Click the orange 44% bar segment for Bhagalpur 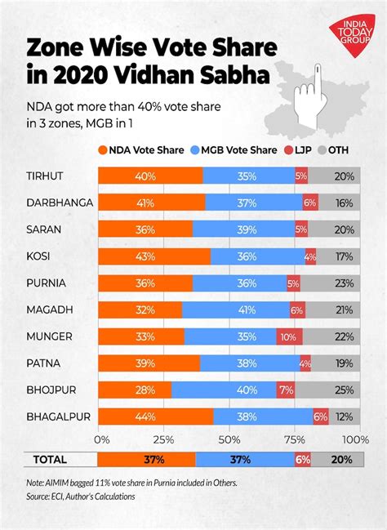(x=155, y=416)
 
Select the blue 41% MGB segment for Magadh (x=234, y=310)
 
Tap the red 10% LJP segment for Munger (x=288, y=336)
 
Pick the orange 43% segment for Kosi (x=154, y=256)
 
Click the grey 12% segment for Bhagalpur (x=343, y=416)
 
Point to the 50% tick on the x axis (x=229, y=439)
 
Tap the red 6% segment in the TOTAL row (x=303, y=460)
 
